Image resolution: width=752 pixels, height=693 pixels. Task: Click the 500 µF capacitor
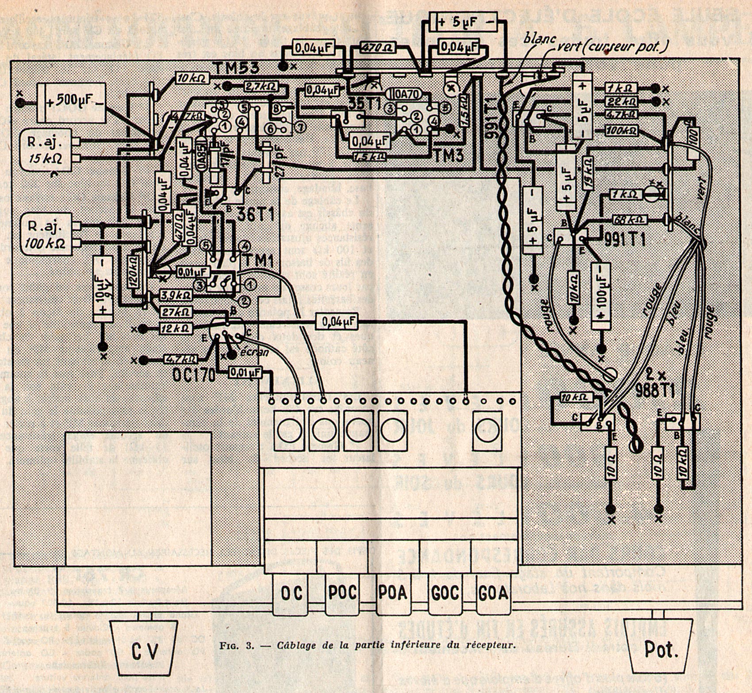pos(72,102)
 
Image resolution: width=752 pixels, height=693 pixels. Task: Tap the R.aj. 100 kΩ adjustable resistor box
pos(46,234)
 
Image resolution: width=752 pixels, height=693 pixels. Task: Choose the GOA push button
pos(493,593)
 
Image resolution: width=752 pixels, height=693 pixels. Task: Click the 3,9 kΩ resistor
pos(176,295)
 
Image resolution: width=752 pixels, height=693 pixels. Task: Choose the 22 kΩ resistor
pos(622,102)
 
